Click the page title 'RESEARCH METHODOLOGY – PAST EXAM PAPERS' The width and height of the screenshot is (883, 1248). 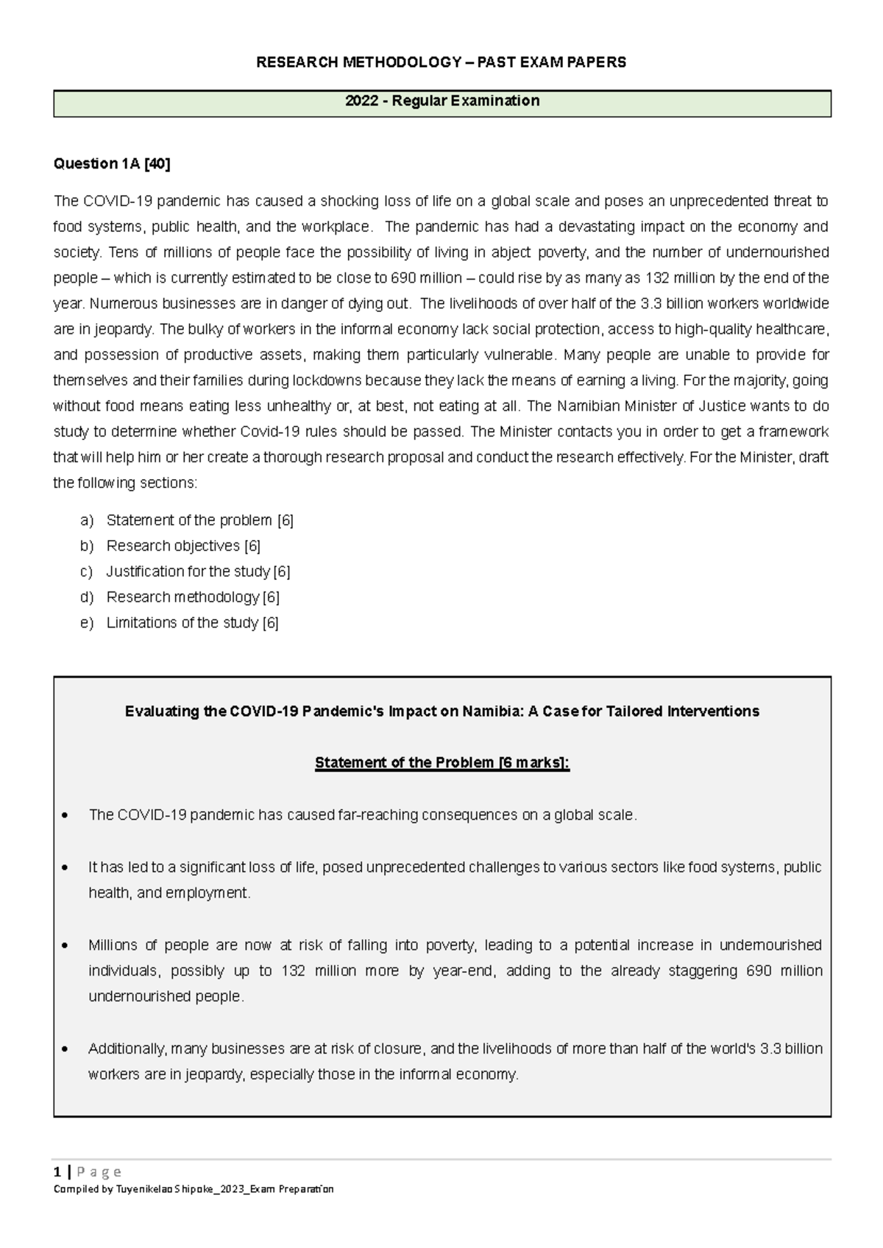441,63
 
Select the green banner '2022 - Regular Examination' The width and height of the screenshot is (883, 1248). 442,102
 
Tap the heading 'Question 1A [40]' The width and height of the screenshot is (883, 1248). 112,164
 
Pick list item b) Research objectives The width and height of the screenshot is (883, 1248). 183,546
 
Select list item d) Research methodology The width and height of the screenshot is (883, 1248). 193,597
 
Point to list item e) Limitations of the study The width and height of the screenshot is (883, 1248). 192,623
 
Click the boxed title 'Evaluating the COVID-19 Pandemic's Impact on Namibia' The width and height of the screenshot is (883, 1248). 442,712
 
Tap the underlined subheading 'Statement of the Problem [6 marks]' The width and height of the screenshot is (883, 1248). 442,763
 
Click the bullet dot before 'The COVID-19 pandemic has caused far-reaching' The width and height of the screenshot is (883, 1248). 67,816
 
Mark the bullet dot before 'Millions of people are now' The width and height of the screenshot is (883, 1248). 67,946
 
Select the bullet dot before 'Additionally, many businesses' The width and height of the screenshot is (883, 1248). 67,1049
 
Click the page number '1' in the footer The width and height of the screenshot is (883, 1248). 57,1171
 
